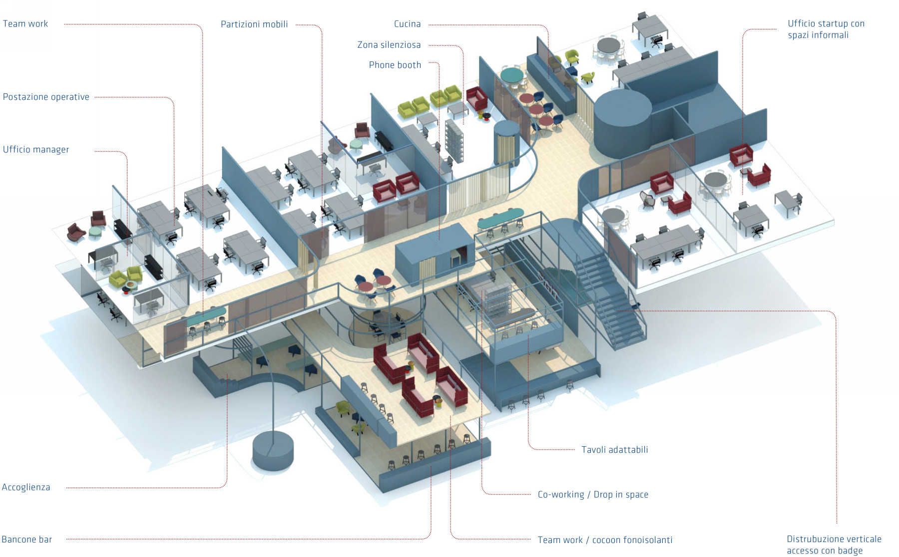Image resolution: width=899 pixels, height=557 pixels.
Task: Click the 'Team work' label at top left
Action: (25, 24)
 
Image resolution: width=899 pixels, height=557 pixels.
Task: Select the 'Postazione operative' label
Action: (46, 97)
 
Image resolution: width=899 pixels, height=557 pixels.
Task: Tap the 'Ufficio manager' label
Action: (36, 150)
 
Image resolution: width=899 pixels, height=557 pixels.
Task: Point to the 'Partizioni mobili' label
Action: (254, 24)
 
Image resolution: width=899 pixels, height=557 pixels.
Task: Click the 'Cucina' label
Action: (407, 24)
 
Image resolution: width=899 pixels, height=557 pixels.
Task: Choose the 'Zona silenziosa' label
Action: (389, 45)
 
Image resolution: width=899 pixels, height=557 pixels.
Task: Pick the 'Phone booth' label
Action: (395, 65)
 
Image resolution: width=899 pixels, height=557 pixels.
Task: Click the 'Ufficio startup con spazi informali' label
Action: (826, 29)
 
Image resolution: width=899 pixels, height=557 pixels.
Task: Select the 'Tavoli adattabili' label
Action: (614, 450)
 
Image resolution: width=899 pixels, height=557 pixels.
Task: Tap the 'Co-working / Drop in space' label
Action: (593, 495)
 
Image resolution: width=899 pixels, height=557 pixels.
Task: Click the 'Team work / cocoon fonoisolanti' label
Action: (605, 540)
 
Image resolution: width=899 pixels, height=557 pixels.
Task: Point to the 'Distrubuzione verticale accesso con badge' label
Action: (834, 545)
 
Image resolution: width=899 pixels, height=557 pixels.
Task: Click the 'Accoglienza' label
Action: (26, 488)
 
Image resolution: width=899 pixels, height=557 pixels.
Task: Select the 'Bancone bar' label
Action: (27, 540)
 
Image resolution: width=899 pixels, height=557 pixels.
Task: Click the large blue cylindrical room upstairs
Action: (622, 122)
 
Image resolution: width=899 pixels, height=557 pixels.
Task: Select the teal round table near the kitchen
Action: (512, 75)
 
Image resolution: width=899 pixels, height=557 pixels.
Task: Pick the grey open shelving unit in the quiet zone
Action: (454, 140)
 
